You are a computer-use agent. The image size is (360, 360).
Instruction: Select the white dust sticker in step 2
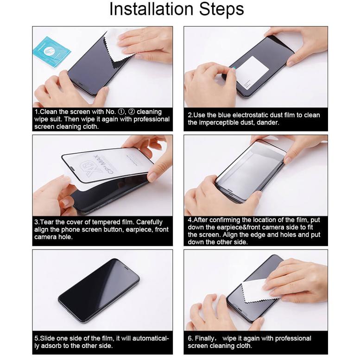pos(252,72)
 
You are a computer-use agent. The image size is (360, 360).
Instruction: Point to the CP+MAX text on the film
pos(114,162)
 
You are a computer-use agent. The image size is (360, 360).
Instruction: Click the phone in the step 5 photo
pos(99,291)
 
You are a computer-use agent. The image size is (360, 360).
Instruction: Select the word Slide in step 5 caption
pos(48,338)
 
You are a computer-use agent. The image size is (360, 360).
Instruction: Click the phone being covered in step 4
pos(250,171)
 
